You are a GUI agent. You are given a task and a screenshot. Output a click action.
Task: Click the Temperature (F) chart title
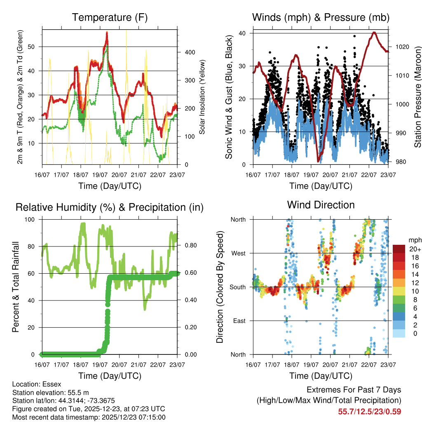coord(110,18)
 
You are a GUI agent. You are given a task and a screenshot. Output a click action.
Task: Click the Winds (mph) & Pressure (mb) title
coord(321,18)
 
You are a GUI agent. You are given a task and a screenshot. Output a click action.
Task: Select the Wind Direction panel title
coord(321,205)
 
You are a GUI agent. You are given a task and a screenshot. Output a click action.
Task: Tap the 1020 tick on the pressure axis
coord(401,47)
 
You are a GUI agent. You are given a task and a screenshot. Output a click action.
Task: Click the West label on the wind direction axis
coord(238,253)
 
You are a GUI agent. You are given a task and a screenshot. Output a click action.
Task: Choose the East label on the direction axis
coord(239,321)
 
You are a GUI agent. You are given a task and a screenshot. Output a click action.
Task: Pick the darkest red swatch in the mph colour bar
coord(399,249)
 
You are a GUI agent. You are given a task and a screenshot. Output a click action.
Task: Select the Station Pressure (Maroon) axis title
coord(417,98)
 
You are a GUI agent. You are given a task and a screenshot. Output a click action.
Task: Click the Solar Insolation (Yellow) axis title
coord(202,98)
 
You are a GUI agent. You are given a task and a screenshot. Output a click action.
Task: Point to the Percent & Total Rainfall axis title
coord(16,287)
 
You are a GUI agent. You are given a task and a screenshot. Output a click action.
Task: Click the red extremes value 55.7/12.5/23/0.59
coord(370,411)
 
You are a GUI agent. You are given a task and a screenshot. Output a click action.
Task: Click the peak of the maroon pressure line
coord(374,33)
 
